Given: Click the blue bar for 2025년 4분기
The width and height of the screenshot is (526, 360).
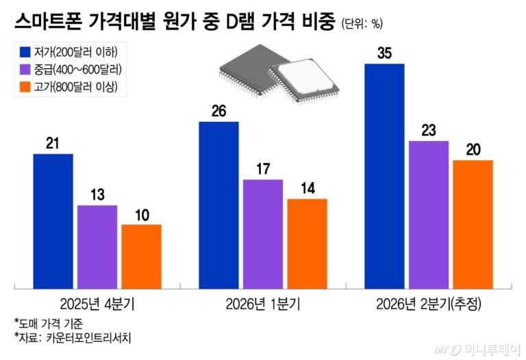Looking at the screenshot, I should tap(53, 221).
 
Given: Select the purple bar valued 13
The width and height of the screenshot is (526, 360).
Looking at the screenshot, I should tap(97, 247).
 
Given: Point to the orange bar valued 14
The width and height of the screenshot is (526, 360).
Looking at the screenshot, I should tap(307, 244).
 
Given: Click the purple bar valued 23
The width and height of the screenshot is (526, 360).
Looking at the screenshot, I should tap(429, 215).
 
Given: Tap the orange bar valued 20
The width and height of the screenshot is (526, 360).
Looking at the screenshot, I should tap(473, 224).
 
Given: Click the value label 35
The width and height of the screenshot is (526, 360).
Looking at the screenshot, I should tap(384, 53).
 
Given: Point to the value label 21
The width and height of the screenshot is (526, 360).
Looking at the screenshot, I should tap(53, 143).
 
